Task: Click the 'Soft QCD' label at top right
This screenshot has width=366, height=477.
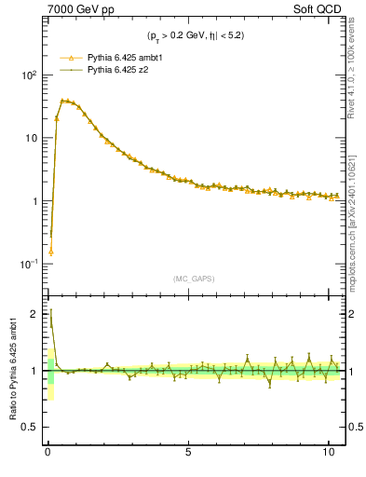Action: (x=318, y=8)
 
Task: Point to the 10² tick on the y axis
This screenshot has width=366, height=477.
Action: (x=28, y=75)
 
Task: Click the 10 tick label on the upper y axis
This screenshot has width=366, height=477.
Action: (x=31, y=138)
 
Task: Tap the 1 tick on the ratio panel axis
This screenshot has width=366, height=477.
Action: (x=34, y=371)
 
